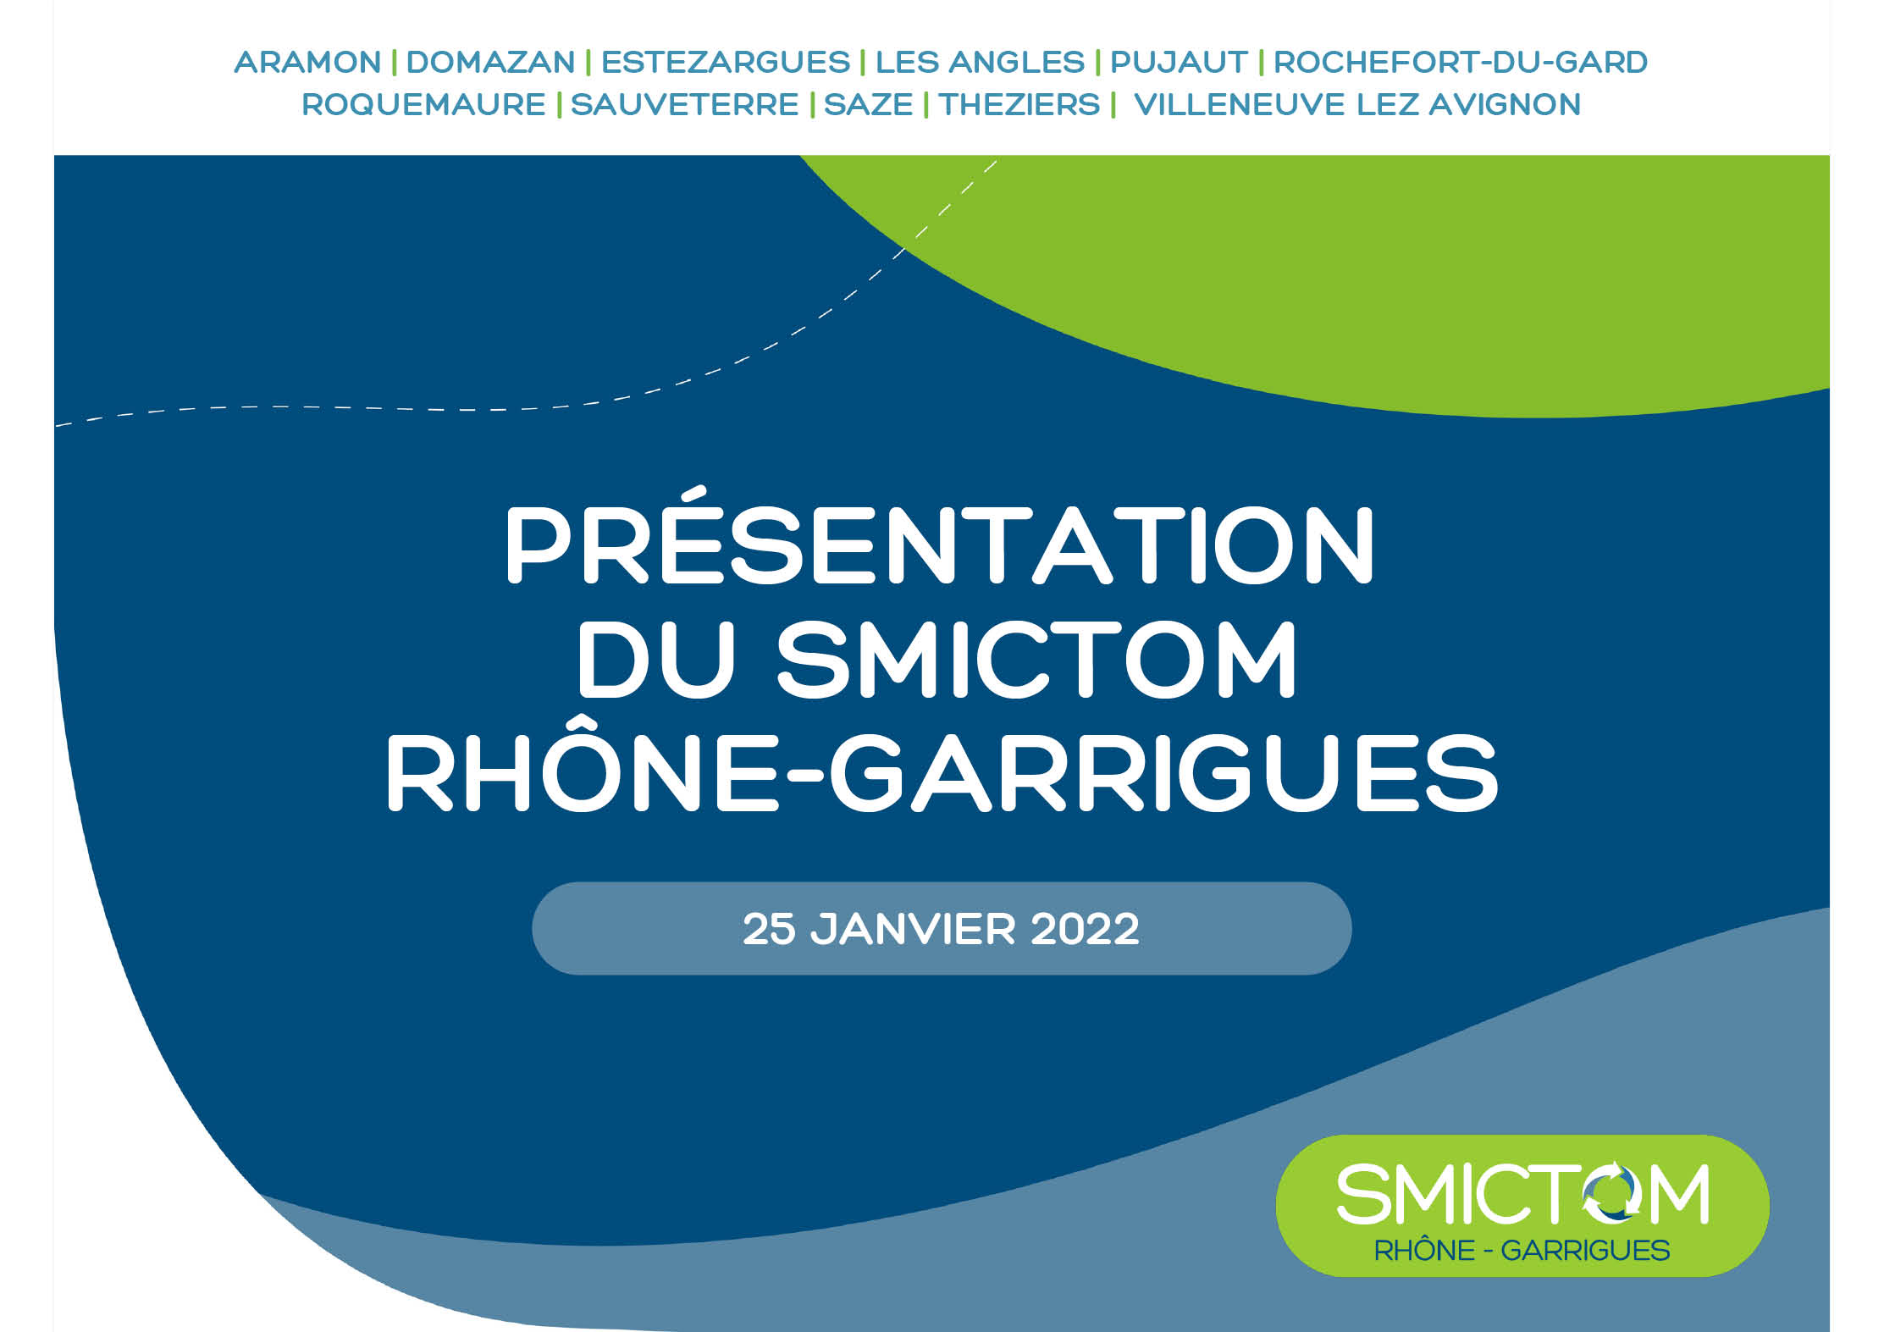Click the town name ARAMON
point(307,62)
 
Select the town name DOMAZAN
point(491,62)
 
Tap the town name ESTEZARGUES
point(726,62)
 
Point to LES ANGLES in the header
point(980,62)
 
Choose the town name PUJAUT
point(1179,62)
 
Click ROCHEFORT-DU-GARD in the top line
point(1461,62)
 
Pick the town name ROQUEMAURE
point(423,105)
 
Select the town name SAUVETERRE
point(684,105)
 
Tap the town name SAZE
point(868,105)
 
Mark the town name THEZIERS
point(1019,105)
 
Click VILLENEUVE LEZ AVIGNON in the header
point(1357,105)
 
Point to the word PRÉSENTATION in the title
point(940,536)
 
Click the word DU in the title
point(656,660)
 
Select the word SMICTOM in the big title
point(1036,660)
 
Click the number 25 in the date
point(769,929)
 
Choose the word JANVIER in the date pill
point(913,929)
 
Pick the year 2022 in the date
point(1085,929)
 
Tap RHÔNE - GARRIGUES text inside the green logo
point(1522,1251)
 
